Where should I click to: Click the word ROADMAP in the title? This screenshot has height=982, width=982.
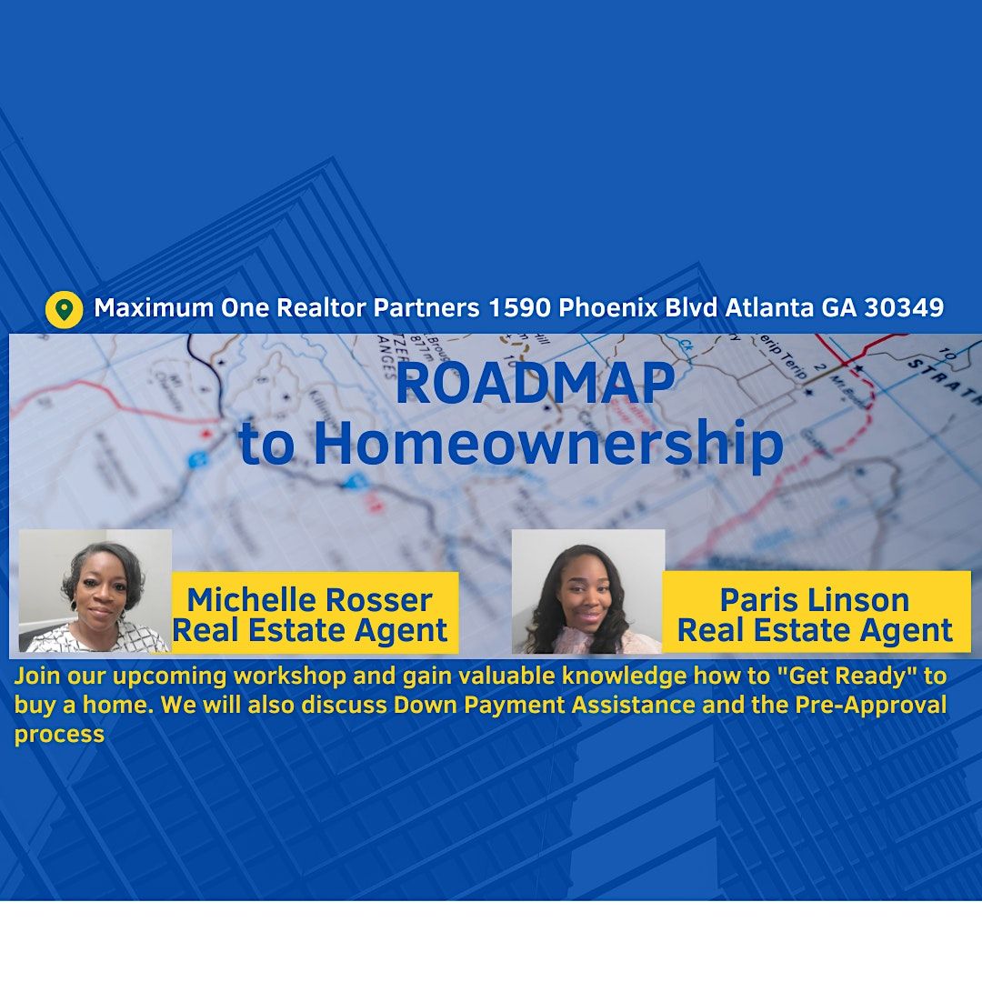coord(535,384)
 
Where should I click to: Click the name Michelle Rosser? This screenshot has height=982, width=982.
coord(309,600)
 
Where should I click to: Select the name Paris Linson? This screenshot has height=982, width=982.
coord(815,600)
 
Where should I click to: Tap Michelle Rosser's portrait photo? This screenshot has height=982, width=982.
coord(95,592)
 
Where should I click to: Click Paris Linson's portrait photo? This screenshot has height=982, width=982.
coord(588,592)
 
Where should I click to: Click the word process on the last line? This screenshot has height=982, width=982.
coord(59,734)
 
